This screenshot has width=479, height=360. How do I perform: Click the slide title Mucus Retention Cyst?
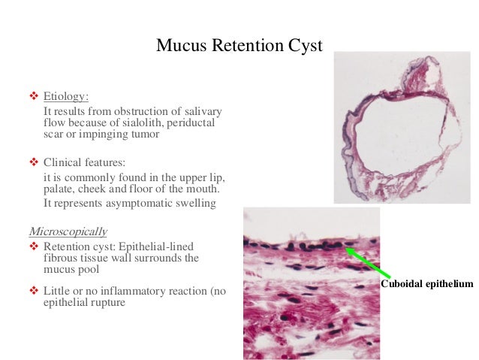[239, 46]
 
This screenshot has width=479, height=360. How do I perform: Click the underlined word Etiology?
[65, 97]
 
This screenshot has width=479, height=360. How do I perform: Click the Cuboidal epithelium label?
[427, 283]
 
